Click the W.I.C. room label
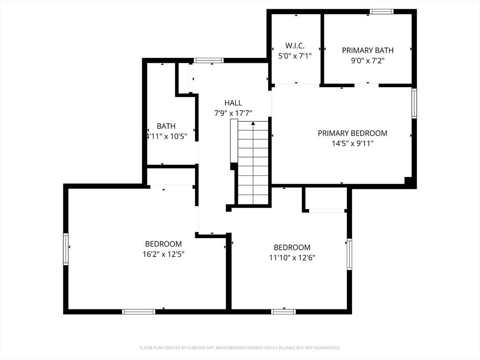coord(295,46)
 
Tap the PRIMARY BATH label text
coord(367,50)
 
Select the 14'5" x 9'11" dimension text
coord(352,143)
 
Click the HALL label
coord(233,103)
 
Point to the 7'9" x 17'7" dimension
coord(233,113)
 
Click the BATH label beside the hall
coord(166,126)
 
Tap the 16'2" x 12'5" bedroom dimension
coord(164,254)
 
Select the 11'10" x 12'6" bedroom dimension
coord(292,258)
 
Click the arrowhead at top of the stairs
coord(253,123)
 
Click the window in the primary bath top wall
coord(381,12)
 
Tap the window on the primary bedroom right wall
coord(414,104)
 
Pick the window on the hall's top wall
coord(209,60)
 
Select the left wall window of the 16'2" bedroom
coord(66,249)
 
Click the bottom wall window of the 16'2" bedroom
coord(139,312)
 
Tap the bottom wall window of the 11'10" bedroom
coord(284,312)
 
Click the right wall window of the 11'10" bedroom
coord(349,255)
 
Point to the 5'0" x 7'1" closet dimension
coord(295,56)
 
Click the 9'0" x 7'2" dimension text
coord(367,60)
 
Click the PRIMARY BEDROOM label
coord(352,133)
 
